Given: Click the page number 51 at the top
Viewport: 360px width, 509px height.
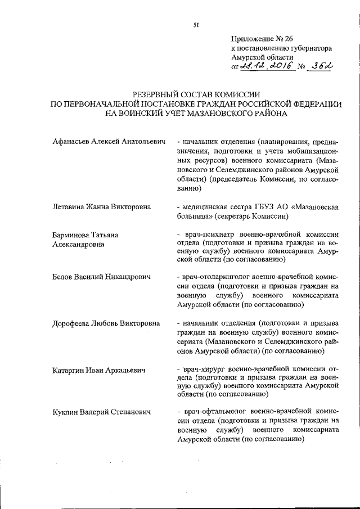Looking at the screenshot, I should coord(196,24).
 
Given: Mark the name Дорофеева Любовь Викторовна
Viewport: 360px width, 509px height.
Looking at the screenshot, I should coord(106,323).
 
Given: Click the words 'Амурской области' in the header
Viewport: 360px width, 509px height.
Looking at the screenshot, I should coord(262,57).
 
